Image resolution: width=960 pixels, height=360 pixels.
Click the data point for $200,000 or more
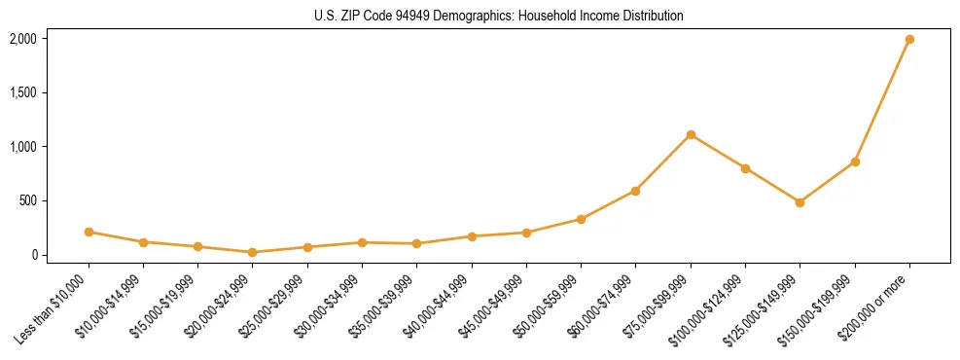tap(909, 40)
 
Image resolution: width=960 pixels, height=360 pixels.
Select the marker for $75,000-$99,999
tap(691, 134)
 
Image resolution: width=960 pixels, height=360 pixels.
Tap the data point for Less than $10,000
tap(89, 232)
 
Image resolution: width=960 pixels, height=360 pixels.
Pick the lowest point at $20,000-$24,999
tap(253, 252)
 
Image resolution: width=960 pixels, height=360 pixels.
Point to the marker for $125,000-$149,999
tap(800, 202)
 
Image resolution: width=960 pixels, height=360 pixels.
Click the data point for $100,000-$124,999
tap(745, 168)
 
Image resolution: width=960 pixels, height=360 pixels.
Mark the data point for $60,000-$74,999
tap(635, 191)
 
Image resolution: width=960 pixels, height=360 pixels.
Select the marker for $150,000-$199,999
tap(855, 162)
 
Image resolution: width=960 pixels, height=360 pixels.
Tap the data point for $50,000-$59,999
tap(581, 219)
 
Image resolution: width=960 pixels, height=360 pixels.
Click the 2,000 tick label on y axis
tap(22, 39)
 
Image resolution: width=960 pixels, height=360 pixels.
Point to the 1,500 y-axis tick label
tap(22, 93)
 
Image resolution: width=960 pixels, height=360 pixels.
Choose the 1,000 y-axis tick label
tap(22, 147)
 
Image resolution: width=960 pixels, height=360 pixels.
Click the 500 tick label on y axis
tap(26, 201)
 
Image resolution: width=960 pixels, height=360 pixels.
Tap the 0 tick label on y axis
tap(33, 255)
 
